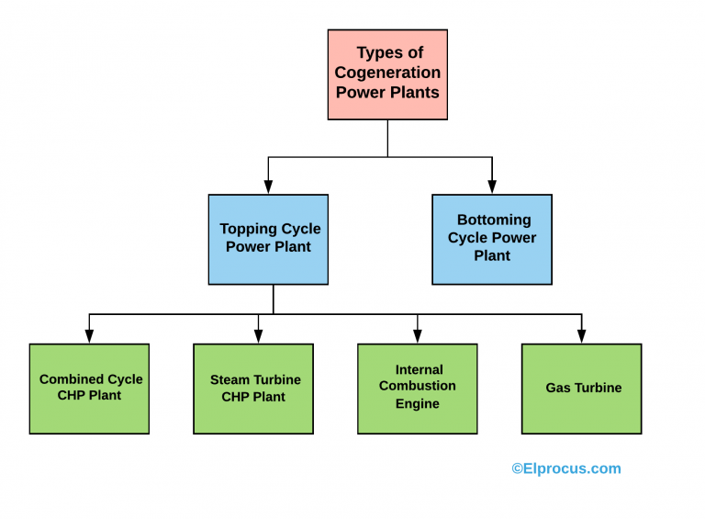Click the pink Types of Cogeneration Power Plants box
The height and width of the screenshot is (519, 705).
click(x=387, y=74)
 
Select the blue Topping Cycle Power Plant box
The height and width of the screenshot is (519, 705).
click(x=268, y=239)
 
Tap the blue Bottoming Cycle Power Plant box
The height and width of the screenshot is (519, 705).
click(x=492, y=239)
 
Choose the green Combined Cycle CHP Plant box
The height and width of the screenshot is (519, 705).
click(x=89, y=389)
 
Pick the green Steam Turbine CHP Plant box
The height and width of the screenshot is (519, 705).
click(x=253, y=389)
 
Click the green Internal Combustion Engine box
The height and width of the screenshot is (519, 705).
click(x=418, y=389)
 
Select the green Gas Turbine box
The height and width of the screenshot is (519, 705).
click(x=581, y=389)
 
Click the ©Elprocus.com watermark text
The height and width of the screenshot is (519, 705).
click(x=565, y=468)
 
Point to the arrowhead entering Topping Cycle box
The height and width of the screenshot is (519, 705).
click(x=268, y=188)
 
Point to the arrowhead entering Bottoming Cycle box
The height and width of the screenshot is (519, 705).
click(x=492, y=188)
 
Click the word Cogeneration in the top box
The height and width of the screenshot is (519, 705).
click(x=387, y=73)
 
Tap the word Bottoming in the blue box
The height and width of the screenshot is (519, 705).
click(x=494, y=220)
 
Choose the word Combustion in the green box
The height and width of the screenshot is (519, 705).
click(x=418, y=387)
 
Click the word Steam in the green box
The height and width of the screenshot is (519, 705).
click(x=229, y=379)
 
